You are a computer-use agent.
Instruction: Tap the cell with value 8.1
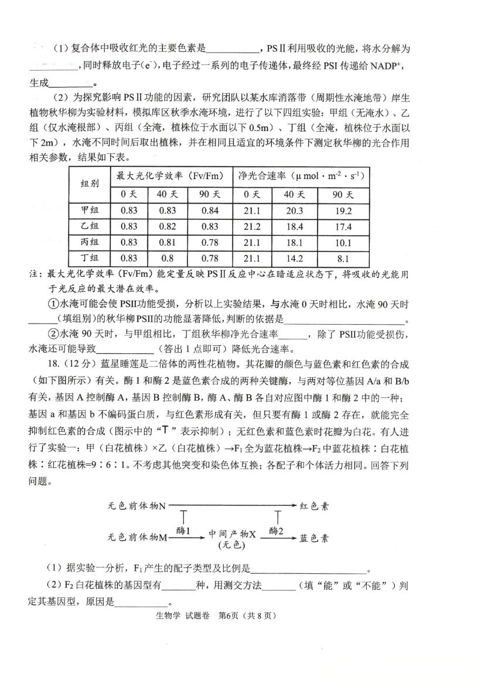[x=343, y=259]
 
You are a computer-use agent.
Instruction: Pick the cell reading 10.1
[x=343, y=243]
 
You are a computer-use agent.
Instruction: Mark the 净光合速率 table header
[x=301, y=176]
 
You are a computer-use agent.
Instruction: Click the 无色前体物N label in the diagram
[x=137, y=506]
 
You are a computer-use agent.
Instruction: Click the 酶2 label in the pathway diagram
[x=277, y=531]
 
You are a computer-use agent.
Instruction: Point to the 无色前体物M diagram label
[x=138, y=536]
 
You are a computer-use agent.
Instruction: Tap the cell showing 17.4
[x=343, y=227]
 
